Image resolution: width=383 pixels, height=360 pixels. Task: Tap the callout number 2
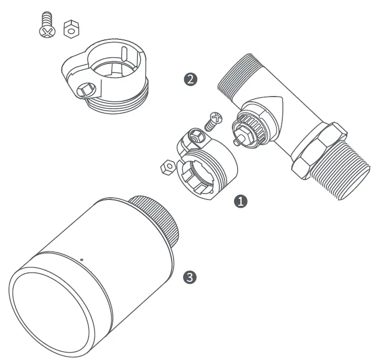pyautogui.click(x=190, y=79)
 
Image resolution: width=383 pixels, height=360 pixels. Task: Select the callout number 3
pyautogui.click(x=190, y=277)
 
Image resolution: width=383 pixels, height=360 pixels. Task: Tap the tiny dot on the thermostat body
pyautogui.click(x=81, y=259)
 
